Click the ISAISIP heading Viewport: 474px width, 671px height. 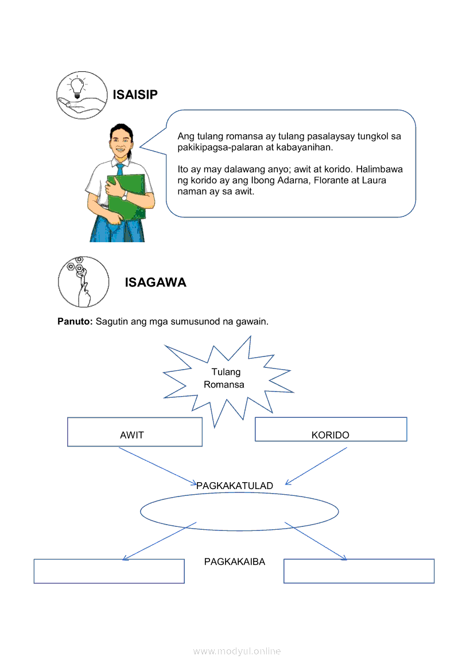[135, 95]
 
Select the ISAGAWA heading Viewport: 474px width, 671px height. [155, 282]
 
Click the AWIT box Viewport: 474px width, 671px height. [135, 432]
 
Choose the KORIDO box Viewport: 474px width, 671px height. [331, 429]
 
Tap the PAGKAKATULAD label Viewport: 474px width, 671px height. [235, 486]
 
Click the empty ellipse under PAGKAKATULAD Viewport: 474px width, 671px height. [239, 511]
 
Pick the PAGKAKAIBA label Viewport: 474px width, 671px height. [235, 562]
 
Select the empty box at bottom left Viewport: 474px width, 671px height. [109, 571]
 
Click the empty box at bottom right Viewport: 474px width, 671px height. [359, 571]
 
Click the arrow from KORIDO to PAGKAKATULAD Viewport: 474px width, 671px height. [316, 466]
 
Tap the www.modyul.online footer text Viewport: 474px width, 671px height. [237, 651]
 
